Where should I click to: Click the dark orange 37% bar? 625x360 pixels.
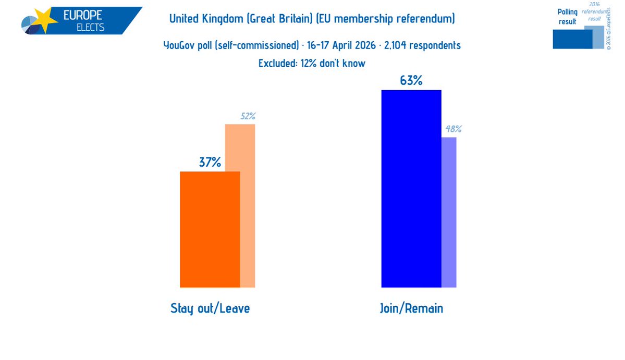210,229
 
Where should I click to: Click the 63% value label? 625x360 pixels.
411,81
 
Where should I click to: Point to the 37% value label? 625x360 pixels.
210,162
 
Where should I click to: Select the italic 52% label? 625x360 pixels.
248,117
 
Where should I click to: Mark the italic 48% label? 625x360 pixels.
452,129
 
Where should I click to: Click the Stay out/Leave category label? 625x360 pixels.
210,308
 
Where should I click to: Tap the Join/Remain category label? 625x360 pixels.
412,308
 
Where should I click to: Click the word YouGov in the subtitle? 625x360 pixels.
180,45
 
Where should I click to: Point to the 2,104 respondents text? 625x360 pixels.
422,45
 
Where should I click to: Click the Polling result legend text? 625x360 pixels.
567,17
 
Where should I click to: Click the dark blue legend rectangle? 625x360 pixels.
572,39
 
